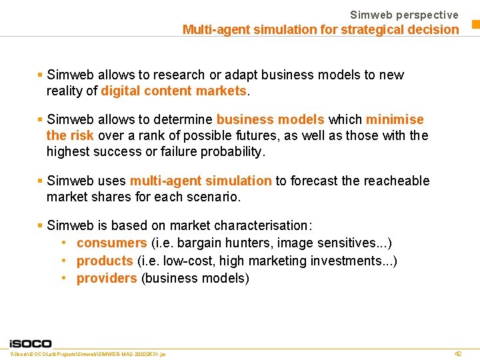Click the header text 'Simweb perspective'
[404, 15]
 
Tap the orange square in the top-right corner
[476, 25]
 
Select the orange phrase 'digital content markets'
[174, 91]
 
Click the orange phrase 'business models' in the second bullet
[270, 120]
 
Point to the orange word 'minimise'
[395, 120]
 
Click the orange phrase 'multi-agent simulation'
[201, 181]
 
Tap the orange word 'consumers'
[111, 243]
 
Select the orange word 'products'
[105, 261]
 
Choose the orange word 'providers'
[107, 279]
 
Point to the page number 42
[457, 353]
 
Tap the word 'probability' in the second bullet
[233, 152]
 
